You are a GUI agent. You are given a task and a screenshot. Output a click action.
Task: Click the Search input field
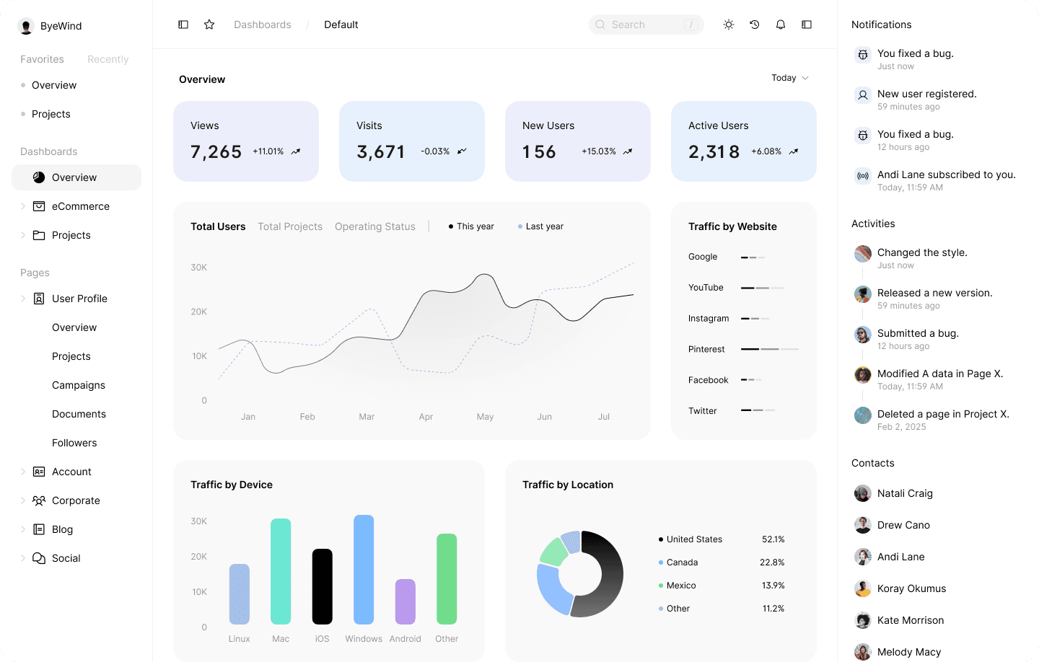coord(645,25)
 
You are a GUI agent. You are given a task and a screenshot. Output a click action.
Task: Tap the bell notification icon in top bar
coord(781,25)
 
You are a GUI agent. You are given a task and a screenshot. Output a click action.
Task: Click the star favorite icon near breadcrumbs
coord(209,25)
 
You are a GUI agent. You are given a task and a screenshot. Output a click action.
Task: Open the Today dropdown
coord(789,78)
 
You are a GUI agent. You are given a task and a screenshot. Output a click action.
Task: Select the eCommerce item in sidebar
coord(80,206)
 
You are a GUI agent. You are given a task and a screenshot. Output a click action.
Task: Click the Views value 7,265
coord(216,151)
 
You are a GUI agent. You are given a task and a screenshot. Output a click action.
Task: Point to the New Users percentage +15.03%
coord(598,151)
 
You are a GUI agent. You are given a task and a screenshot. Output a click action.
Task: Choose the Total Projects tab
coord(290,226)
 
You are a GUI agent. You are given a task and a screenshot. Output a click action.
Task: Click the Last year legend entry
coord(544,226)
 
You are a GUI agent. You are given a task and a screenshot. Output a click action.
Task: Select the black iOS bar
coord(322,586)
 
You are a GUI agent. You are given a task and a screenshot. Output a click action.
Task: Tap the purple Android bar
coord(405,601)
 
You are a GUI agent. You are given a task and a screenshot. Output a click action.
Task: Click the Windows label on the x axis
coord(364,639)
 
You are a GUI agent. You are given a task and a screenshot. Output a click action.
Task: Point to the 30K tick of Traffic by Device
coord(199,521)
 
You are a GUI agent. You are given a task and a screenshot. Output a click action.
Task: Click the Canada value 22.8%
coord(772,562)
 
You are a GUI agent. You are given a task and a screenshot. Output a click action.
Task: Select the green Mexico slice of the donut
coord(554,552)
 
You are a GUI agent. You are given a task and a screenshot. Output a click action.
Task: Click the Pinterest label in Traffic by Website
coord(706,349)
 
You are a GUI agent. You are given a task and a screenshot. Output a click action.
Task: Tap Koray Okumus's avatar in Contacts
coord(863,588)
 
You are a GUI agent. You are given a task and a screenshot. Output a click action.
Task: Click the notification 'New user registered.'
coord(926,94)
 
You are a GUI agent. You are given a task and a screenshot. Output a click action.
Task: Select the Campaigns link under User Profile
coord(79,385)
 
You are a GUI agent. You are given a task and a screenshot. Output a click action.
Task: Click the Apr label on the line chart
coord(426,417)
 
